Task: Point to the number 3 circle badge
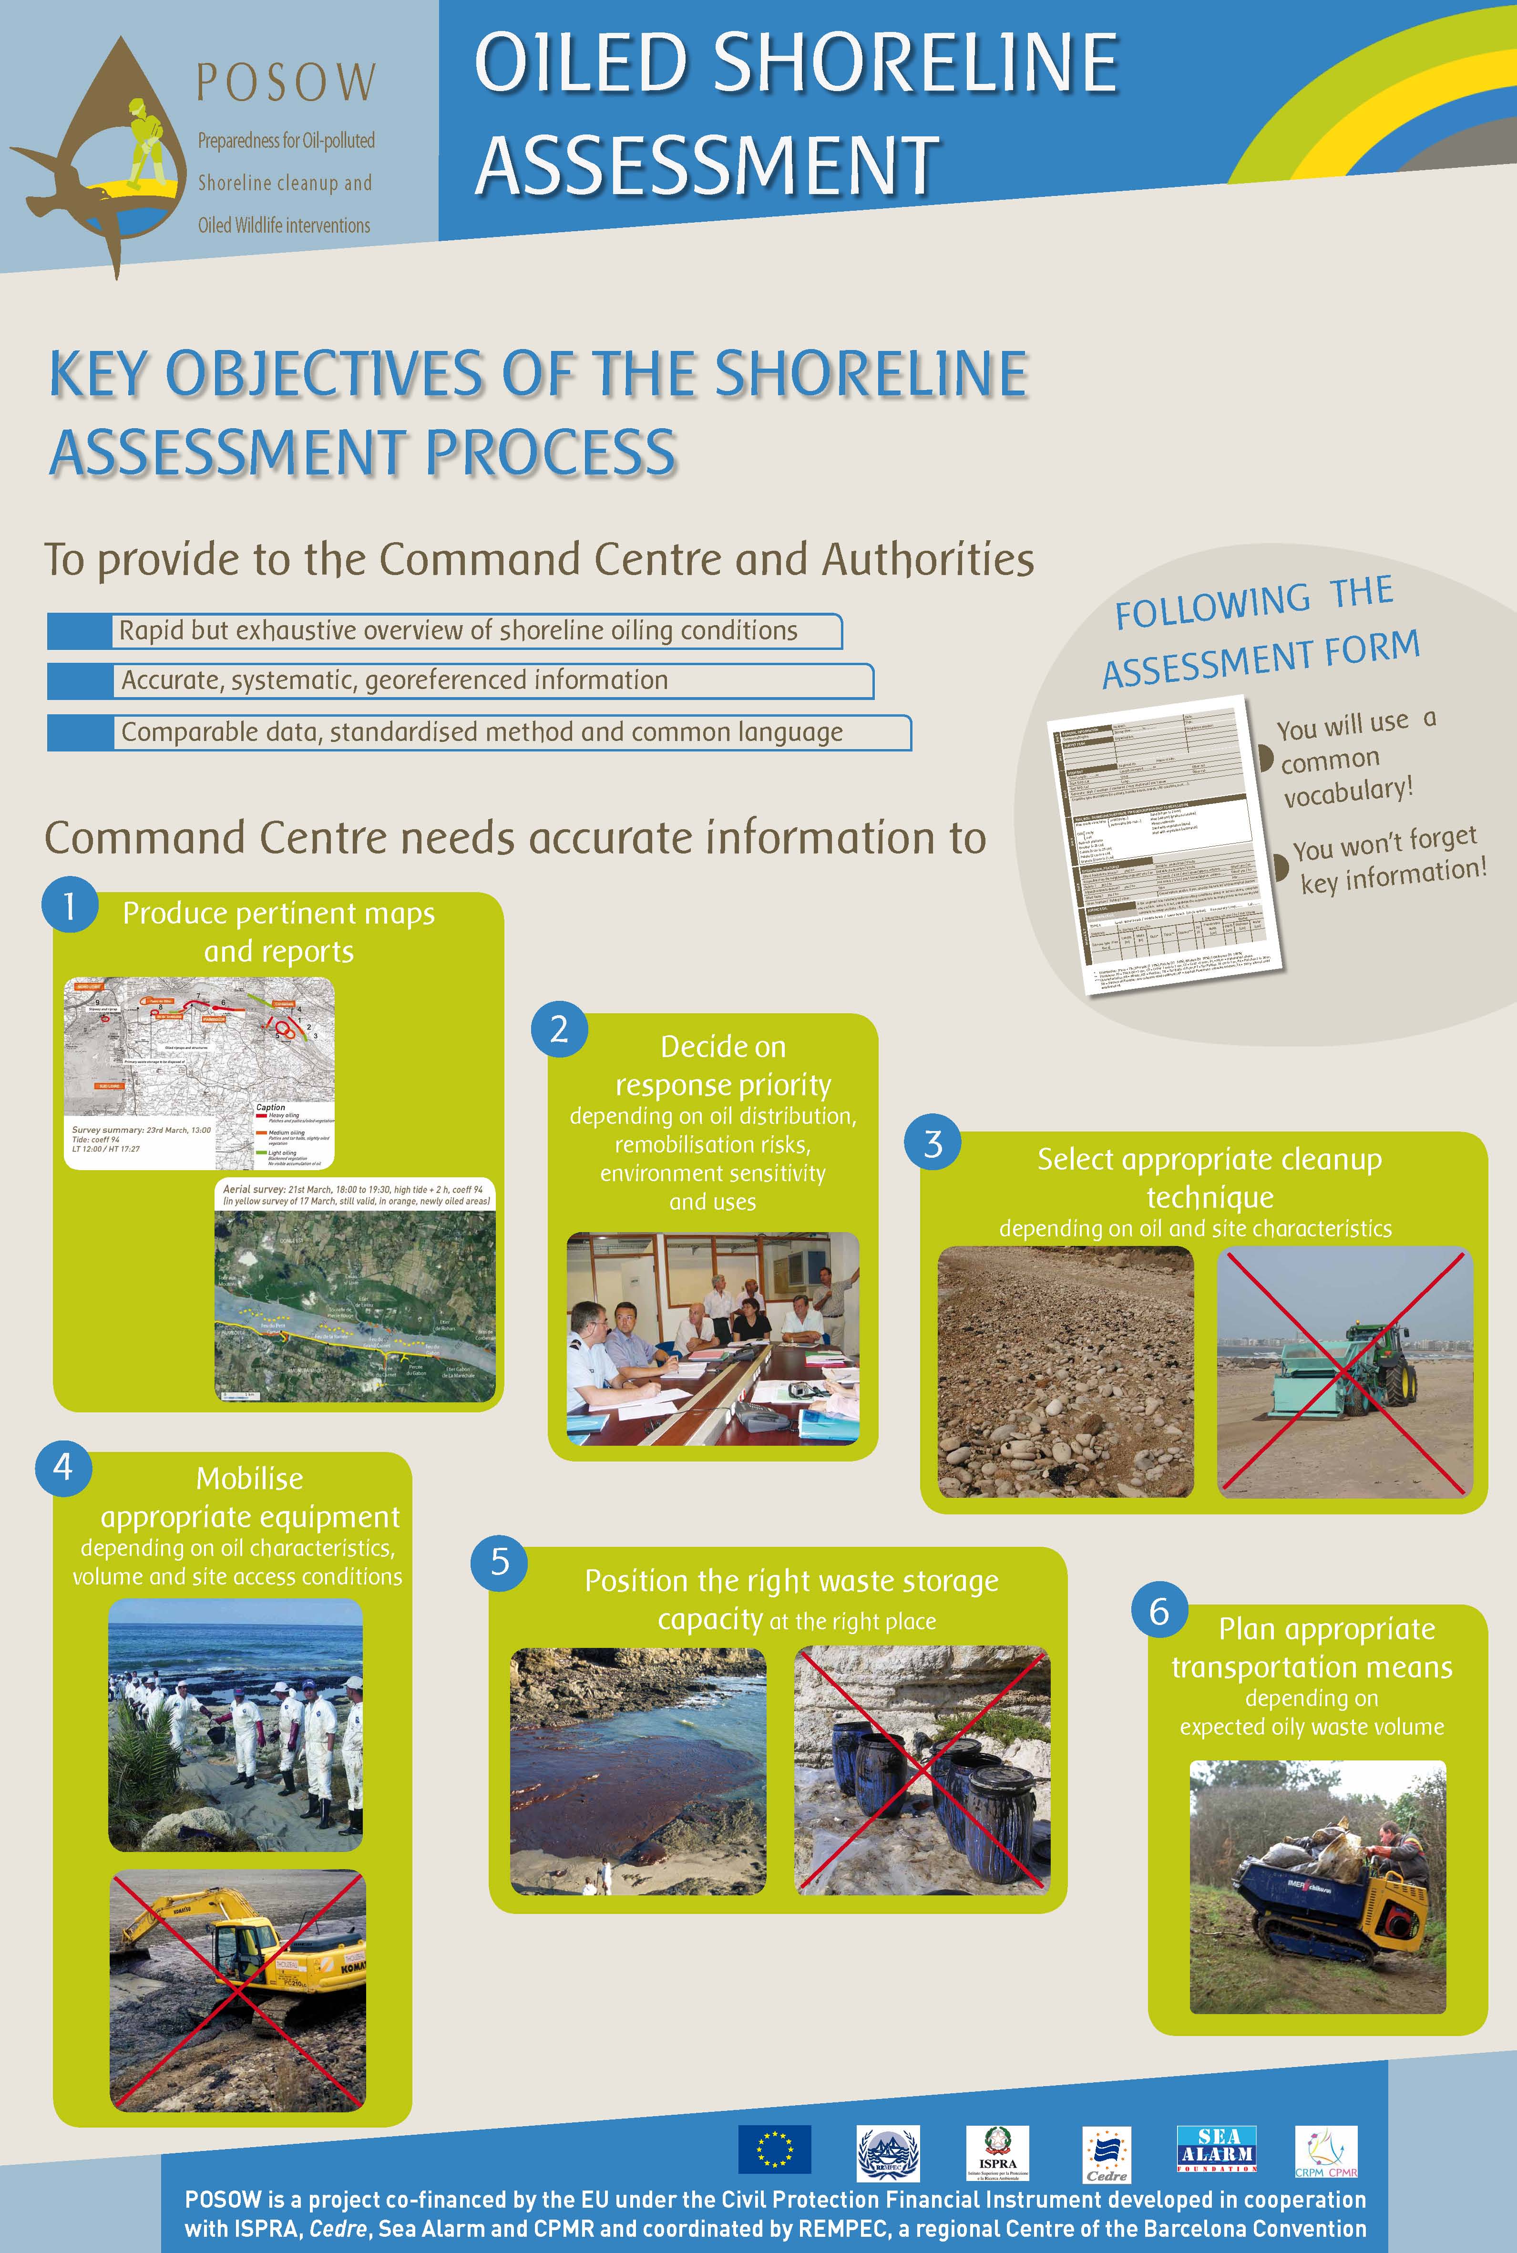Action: [x=933, y=1143]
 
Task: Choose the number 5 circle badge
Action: [x=499, y=1561]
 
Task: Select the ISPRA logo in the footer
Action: [x=997, y=2152]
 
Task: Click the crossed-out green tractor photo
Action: [x=1344, y=1372]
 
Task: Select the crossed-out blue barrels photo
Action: [x=921, y=1770]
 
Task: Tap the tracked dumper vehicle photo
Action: [x=1317, y=1886]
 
